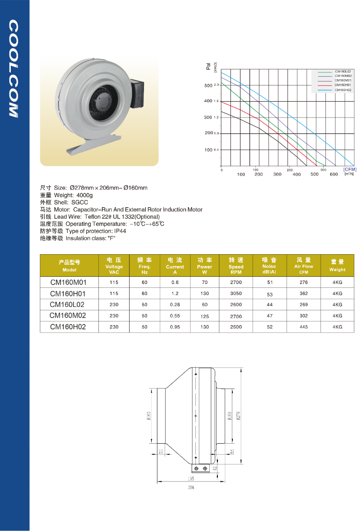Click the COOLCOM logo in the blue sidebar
13,69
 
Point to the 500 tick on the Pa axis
208,85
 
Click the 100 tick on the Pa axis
208,150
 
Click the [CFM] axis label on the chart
350,169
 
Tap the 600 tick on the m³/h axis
334,175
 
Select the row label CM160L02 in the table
68,304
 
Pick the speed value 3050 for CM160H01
236,294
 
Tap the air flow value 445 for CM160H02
303,327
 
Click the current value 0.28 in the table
175,305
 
